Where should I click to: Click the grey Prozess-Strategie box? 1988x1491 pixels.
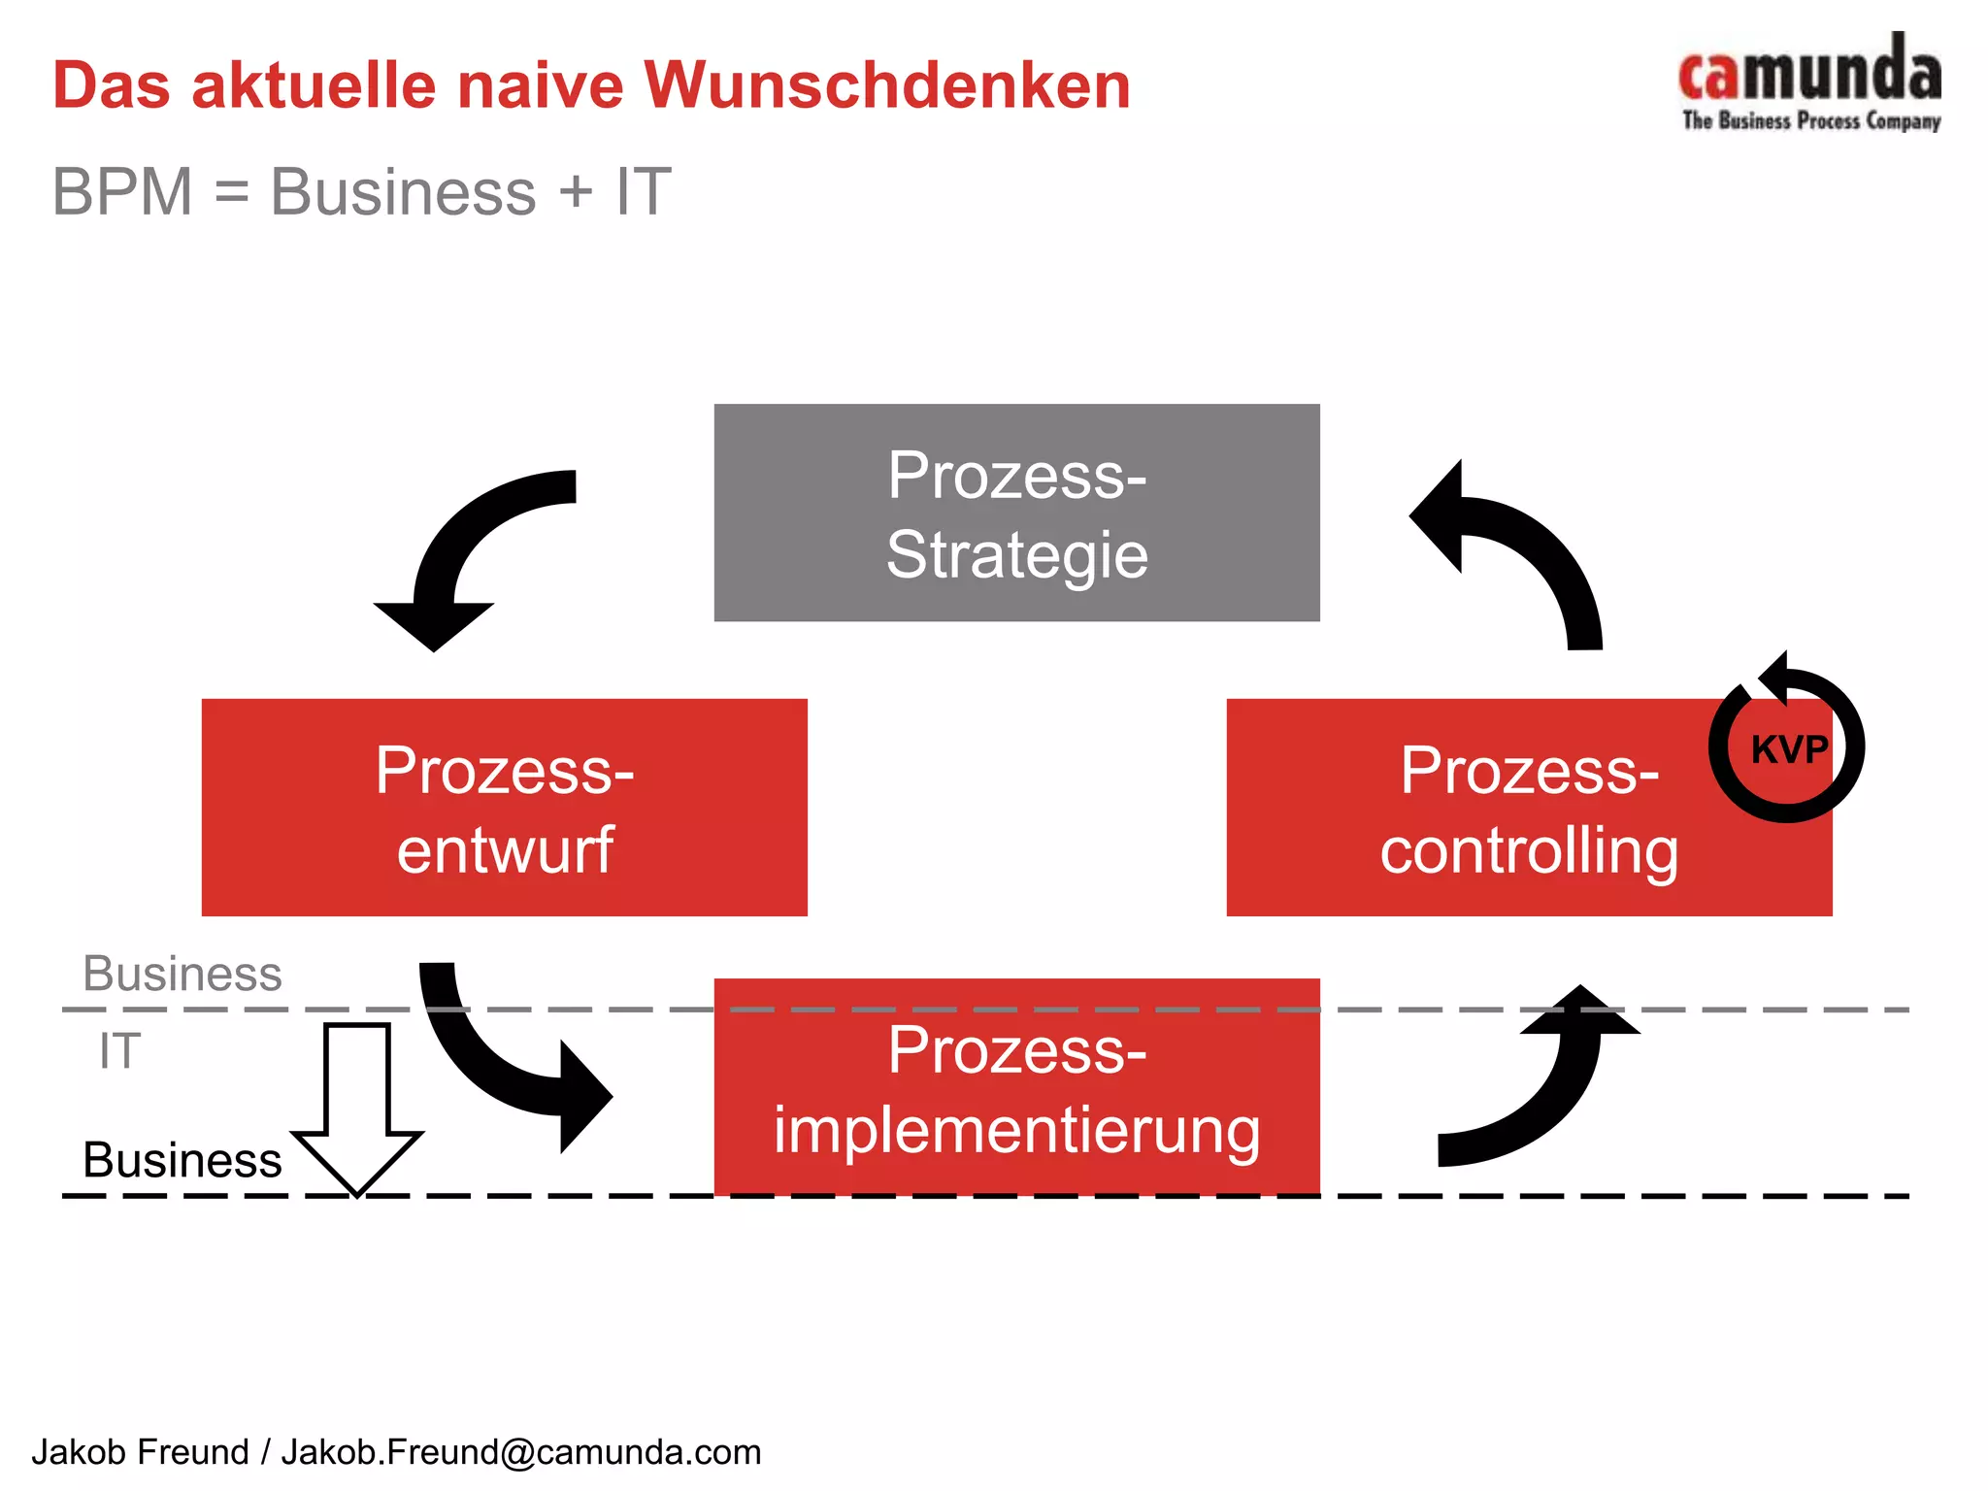[1016, 513]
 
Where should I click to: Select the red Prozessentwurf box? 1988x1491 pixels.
[504, 807]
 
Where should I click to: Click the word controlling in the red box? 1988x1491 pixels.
[1529, 850]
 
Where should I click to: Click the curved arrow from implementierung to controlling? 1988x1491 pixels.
[1543, 1087]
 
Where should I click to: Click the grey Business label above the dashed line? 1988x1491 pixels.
[182, 974]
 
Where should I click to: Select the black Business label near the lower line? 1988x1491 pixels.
[182, 1160]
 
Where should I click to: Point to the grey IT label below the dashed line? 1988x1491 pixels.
[119, 1051]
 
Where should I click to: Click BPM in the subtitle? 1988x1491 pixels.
[122, 191]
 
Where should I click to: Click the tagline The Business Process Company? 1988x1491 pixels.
[1810, 121]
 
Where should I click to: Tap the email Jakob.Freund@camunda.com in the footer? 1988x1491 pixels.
[521, 1452]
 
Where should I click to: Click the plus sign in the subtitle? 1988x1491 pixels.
[576, 191]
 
